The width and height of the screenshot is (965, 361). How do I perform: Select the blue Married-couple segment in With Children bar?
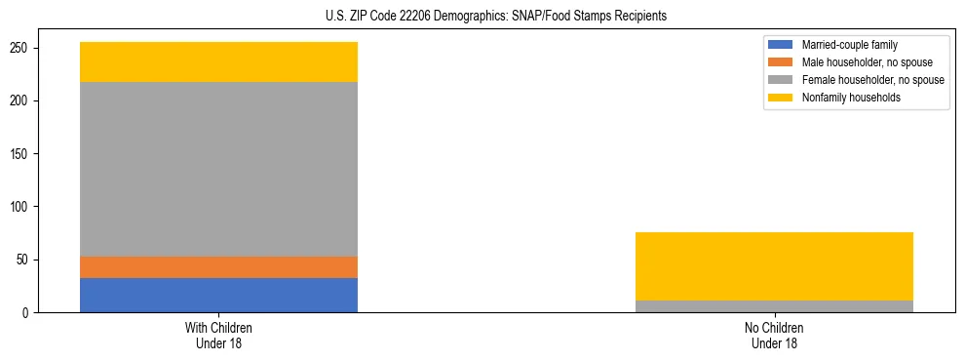218,295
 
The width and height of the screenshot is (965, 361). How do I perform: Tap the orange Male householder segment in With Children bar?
218,267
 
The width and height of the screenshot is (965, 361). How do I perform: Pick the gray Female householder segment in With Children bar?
218,169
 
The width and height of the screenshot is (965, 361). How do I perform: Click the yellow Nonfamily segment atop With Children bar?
218,61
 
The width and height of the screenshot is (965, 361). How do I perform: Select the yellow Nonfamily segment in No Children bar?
774,266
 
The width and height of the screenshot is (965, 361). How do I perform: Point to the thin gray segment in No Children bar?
774,306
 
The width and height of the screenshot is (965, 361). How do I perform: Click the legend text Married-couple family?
850,45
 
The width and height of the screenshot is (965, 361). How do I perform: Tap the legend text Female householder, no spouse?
872,80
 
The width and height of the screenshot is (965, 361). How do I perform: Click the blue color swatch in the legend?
781,45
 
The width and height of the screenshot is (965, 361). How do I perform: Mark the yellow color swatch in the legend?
781,98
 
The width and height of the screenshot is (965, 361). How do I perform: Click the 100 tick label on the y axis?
27,207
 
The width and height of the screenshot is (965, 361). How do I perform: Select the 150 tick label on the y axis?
27,154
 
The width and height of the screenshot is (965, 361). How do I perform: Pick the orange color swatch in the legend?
781,62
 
